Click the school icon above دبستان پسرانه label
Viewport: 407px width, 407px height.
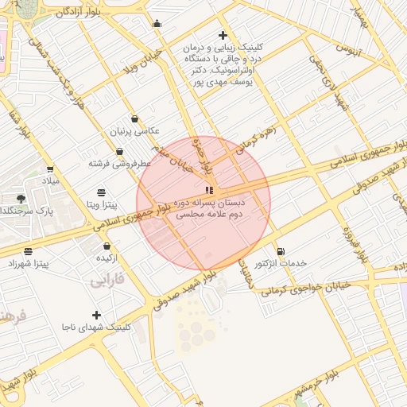click(209, 190)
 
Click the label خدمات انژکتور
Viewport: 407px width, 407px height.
click(281, 263)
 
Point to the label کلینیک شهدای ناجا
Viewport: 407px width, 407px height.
click(98, 328)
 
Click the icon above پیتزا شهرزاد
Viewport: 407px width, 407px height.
click(29, 251)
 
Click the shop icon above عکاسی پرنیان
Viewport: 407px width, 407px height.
click(134, 118)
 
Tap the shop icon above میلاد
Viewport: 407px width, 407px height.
click(50, 169)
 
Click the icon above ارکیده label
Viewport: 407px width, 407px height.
click(107, 247)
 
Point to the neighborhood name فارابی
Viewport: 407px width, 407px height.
click(108, 281)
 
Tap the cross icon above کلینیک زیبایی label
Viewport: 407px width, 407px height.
click(223, 35)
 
